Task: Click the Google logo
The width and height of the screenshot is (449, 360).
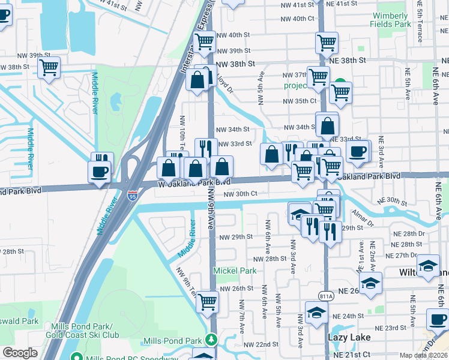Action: [20, 353]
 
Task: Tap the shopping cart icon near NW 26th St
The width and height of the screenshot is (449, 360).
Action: [207, 302]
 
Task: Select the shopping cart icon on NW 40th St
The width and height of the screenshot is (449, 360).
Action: [205, 41]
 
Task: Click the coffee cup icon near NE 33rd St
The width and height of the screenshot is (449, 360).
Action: [358, 151]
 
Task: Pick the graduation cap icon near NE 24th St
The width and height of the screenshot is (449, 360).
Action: [316, 312]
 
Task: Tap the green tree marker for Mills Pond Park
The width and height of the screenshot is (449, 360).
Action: [211, 340]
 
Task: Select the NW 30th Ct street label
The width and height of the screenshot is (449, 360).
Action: [240, 194]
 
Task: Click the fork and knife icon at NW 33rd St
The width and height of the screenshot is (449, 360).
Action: [206, 148]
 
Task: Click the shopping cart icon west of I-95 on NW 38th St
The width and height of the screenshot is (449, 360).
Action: [49, 67]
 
